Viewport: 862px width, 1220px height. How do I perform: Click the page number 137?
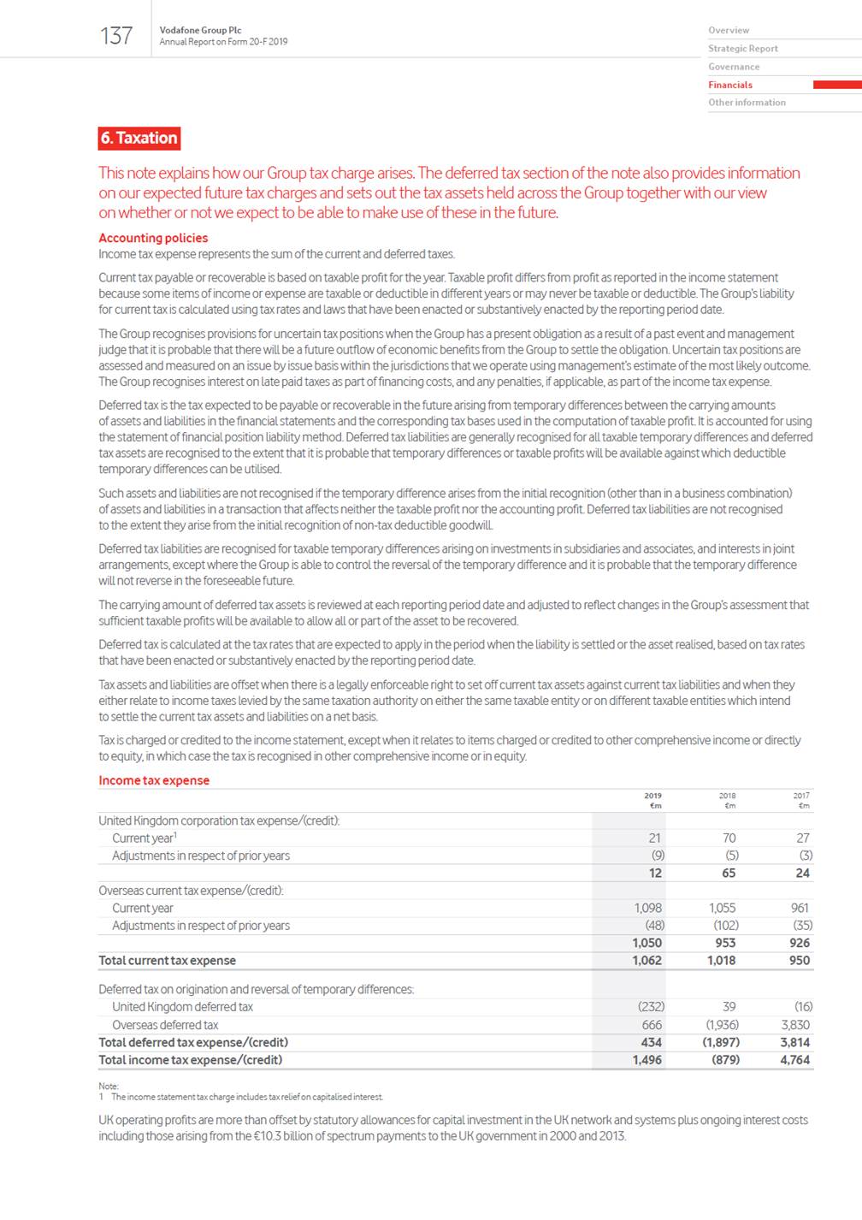coord(116,36)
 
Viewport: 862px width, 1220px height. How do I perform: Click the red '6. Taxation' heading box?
coord(139,138)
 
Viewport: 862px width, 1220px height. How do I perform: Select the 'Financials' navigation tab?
coord(730,85)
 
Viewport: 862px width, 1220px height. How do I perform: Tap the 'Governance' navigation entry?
coord(734,67)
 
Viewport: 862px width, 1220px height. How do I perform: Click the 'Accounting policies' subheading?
coord(153,238)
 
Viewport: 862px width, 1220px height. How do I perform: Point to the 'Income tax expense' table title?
coord(154,780)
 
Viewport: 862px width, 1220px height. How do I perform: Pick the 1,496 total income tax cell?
coord(647,1060)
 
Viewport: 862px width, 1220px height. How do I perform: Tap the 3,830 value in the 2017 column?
coord(795,1025)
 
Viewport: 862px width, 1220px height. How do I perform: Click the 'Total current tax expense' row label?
coord(167,961)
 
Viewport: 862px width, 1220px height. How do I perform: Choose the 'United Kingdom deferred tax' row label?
coord(182,1007)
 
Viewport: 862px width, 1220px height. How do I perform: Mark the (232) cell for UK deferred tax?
coord(651,1007)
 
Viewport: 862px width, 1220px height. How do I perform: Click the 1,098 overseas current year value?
coord(648,908)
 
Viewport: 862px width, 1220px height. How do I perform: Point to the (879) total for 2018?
coord(725,1060)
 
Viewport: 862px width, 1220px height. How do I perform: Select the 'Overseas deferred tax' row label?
coord(165,1025)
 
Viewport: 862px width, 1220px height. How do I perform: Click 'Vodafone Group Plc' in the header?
coord(200,30)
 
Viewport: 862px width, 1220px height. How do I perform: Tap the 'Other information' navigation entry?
coord(747,103)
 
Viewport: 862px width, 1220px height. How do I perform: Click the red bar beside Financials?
coord(836,85)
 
